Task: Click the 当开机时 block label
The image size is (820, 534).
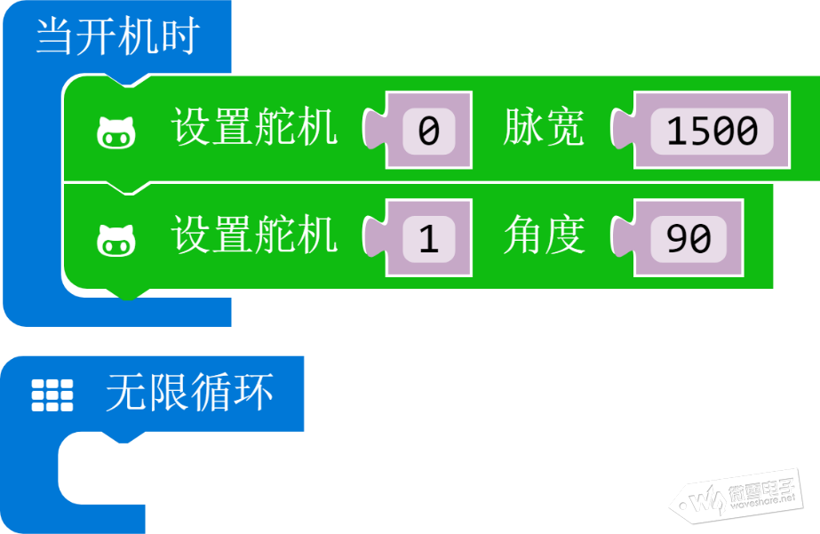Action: (117, 36)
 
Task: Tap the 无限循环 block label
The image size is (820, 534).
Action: (190, 393)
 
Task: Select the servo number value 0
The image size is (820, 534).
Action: (429, 131)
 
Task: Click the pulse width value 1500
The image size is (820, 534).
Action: (712, 131)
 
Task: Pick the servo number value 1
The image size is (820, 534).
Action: (429, 238)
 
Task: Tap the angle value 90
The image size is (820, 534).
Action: (689, 238)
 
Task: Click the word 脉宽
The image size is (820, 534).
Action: (544, 128)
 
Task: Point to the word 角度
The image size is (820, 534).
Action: (544, 235)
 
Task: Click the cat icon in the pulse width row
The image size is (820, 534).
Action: (116, 133)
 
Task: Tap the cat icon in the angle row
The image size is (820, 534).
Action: (116, 241)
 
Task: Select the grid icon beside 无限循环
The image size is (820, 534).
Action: (52, 395)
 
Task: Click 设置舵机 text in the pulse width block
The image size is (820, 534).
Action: (254, 127)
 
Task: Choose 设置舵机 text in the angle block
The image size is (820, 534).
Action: (254, 235)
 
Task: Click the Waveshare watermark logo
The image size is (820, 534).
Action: (736, 497)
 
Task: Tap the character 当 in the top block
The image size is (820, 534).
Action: (54, 36)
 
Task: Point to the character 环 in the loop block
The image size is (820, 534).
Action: (253, 393)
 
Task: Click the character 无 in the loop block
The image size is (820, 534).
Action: (126, 393)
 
